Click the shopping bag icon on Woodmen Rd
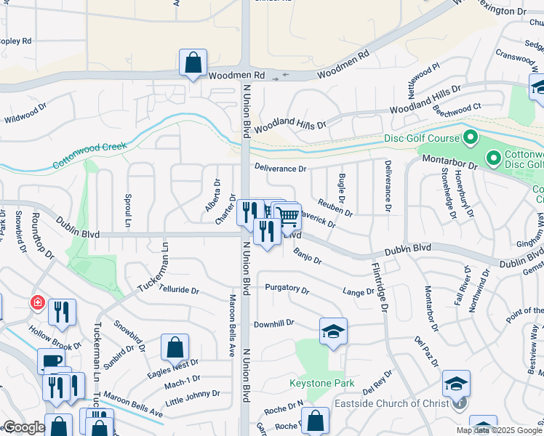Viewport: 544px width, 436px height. [193, 63]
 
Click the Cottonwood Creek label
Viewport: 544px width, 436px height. [89, 156]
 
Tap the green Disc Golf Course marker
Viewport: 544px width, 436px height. [470, 137]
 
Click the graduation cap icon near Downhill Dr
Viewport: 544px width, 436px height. [334, 331]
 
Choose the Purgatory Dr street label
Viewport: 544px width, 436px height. [287, 288]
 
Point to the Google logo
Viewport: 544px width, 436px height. [23, 427]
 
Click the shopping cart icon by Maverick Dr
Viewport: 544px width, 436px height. [288, 215]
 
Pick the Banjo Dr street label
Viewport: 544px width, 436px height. [308, 255]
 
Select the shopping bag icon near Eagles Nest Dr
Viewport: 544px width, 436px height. [175, 347]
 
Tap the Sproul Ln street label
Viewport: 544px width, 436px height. [127, 209]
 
